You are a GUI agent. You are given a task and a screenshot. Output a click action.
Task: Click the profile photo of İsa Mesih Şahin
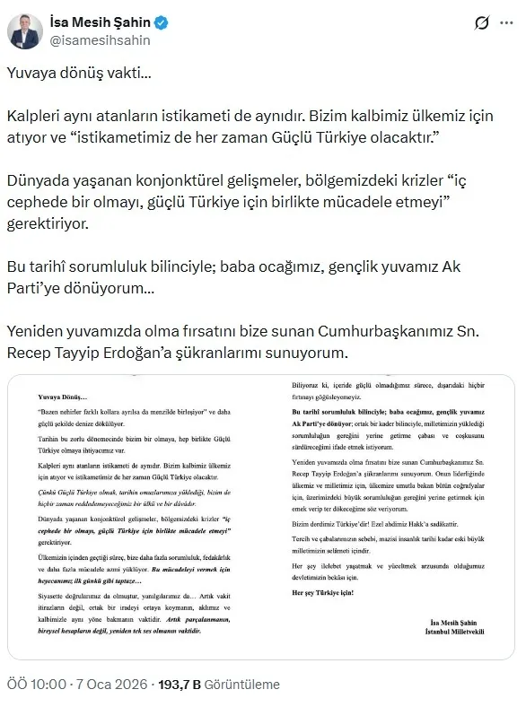coord(25,30)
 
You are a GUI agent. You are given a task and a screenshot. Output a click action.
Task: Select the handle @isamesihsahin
coord(100,40)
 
